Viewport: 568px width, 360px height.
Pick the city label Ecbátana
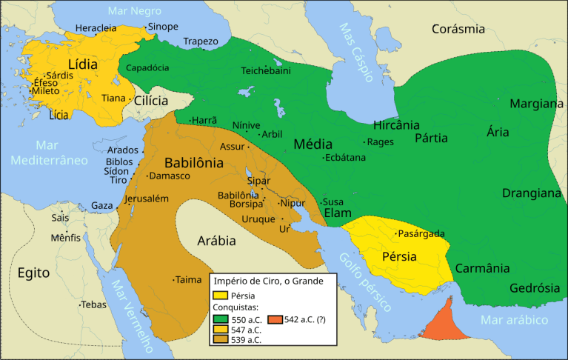[x=347, y=157]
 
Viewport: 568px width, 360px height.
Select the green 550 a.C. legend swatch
[x=221, y=320]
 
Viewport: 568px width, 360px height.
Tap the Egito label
[x=34, y=273]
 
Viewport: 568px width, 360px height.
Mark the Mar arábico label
[x=514, y=320]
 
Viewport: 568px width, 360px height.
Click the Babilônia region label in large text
[x=193, y=162]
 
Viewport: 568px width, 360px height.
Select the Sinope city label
[x=163, y=27]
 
